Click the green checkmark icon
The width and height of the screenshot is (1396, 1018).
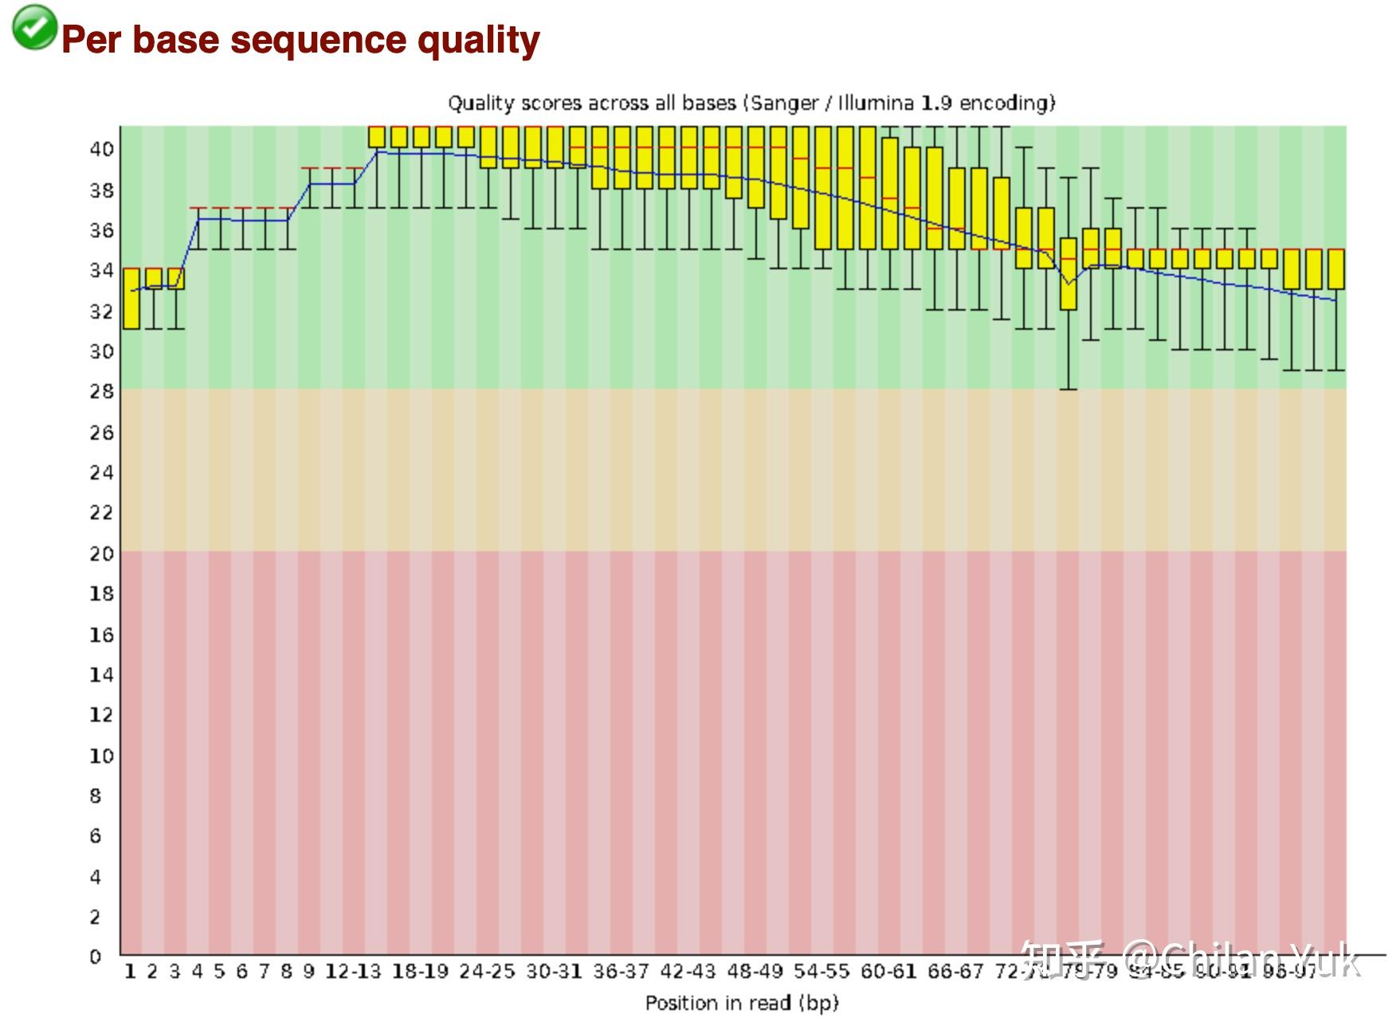[x=34, y=27]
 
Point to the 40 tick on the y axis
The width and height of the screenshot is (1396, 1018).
[x=101, y=149]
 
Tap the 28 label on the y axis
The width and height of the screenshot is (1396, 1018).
[x=101, y=391]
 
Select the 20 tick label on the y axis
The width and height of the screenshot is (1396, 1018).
[x=101, y=553]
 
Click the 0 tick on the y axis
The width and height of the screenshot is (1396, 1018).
[x=96, y=957]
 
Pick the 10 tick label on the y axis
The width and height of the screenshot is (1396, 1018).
[x=101, y=755]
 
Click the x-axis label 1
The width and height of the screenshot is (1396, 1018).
[x=131, y=972]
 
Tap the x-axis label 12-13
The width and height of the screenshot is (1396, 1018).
[x=353, y=972]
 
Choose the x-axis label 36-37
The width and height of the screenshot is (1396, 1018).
[x=621, y=972]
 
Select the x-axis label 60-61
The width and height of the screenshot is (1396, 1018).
[x=888, y=972]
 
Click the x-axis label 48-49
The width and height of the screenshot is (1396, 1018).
[x=755, y=972]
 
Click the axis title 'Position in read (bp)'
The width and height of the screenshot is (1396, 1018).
[x=742, y=1003]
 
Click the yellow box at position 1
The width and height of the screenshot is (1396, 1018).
[x=131, y=299]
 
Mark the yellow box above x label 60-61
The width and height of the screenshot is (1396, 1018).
[x=890, y=194]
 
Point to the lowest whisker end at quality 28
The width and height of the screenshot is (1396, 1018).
[x=1069, y=389]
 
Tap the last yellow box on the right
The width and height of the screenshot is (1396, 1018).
[x=1336, y=269]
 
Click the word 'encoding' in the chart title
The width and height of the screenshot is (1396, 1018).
[x=1006, y=104]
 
